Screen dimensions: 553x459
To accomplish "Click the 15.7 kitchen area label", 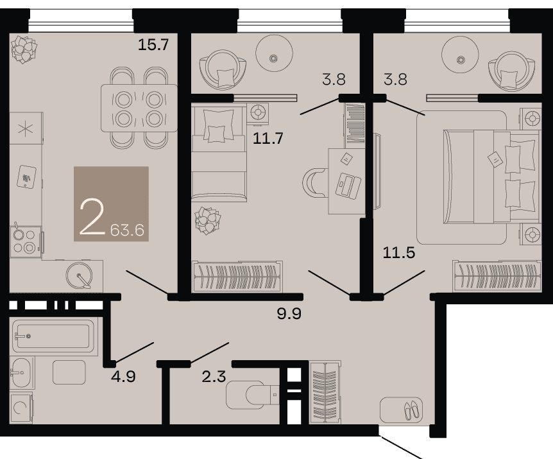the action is click(x=153, y=45).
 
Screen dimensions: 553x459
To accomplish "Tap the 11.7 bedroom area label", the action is click(x=268, y=138).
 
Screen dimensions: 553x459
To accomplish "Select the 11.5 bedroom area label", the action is click(x=399, y=252).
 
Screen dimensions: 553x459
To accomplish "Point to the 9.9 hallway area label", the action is click(x=289, y=313).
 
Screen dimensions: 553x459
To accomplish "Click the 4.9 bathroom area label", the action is click(x=123, y=377).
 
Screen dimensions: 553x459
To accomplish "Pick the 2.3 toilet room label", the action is click(x=214, y=376).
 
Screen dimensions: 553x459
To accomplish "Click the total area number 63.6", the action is click(x=127, y=230).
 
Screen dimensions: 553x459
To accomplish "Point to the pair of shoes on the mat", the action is click(x=413, y=410).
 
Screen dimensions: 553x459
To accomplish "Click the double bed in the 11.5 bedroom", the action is click(x=492, y=177).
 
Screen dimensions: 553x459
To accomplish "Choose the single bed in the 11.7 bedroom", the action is click(x=219, y=153).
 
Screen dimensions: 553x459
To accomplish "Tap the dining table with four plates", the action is click(x=139, y=108).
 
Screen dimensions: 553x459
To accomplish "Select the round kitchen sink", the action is click(x=80, y=276).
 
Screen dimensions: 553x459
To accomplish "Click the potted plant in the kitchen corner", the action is click(x=24, y=49).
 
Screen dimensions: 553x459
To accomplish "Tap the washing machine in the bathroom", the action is click(x=21, y=408).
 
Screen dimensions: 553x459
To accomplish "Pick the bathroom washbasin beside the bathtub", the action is click(x=21, y=372).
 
